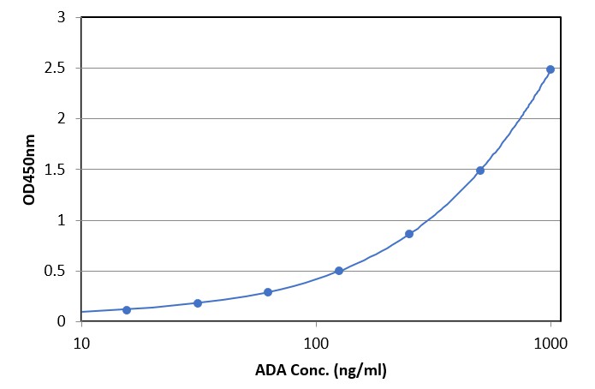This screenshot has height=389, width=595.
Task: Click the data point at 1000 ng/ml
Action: (550, 69)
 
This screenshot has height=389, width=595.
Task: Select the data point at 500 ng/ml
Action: (480, 171)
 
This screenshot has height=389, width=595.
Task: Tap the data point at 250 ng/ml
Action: (409, 234)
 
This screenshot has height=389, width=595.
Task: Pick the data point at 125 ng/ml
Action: (339, 271)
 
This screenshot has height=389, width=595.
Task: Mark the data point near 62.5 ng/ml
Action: (268, 292)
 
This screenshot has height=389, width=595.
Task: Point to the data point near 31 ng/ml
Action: (198, 303)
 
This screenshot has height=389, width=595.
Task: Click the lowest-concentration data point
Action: (127, 309)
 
